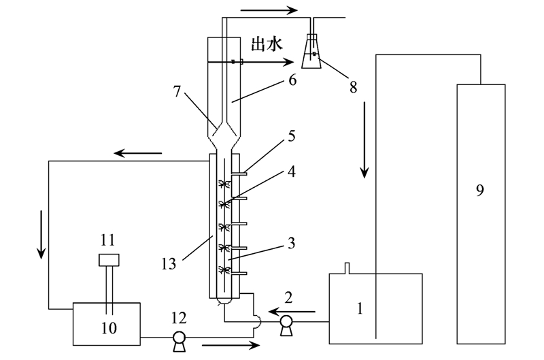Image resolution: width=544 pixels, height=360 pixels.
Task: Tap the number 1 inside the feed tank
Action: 360,308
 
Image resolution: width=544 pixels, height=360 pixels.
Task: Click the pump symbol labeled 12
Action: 180,338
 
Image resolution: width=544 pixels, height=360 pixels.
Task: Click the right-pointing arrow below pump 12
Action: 231,346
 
